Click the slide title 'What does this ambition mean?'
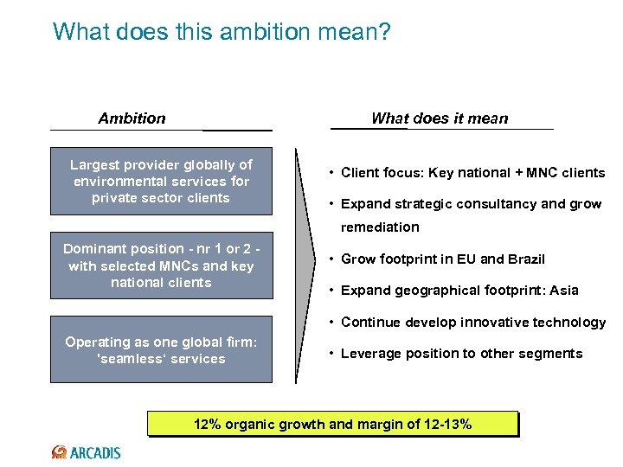[x=222, y=32]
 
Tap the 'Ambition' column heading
[x=132, y=118]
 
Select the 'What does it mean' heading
[x=440, y=118]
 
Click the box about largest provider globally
[x=161, y=182]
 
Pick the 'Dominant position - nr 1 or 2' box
[x=161, y=265]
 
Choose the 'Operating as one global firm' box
[x=161, y=350]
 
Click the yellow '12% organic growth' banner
[x=332, y=425]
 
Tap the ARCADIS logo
[x=87, y=452]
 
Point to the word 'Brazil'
[x=524, y=259]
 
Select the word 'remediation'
[x=379, y=227]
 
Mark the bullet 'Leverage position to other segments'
[x=461, y=354]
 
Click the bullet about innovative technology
[x=473, y=323]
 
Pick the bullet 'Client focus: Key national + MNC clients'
[x=472, y=173]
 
